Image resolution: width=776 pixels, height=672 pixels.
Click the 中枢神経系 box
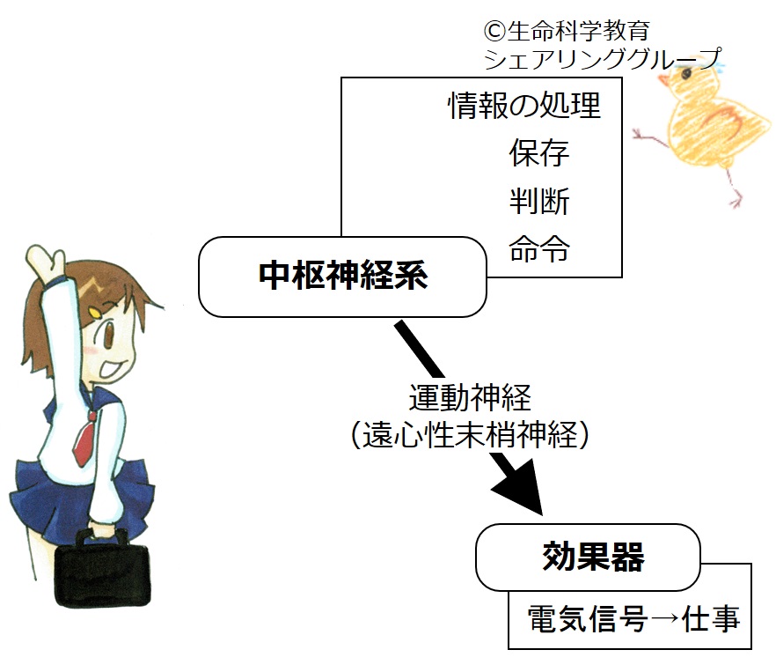pyautogui.click(x=343, y=277)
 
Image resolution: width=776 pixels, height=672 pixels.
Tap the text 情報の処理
pyautogui.click(x=524, y=106)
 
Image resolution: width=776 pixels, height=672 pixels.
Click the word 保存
pyautogui.click(x=538, y=153)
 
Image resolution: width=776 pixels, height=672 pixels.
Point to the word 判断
pyautogui.click(x=538, y=201)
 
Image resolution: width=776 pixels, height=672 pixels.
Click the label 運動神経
pyautogui.click(x=470, y=398)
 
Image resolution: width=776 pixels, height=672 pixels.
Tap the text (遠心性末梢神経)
pyautogui.click(x=470, y=434)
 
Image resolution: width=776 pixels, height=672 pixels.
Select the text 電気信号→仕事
pyautogui.click(x=633, y=619)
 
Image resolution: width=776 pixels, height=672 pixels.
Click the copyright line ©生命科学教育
pyautogui.click(x=567, y=31)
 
